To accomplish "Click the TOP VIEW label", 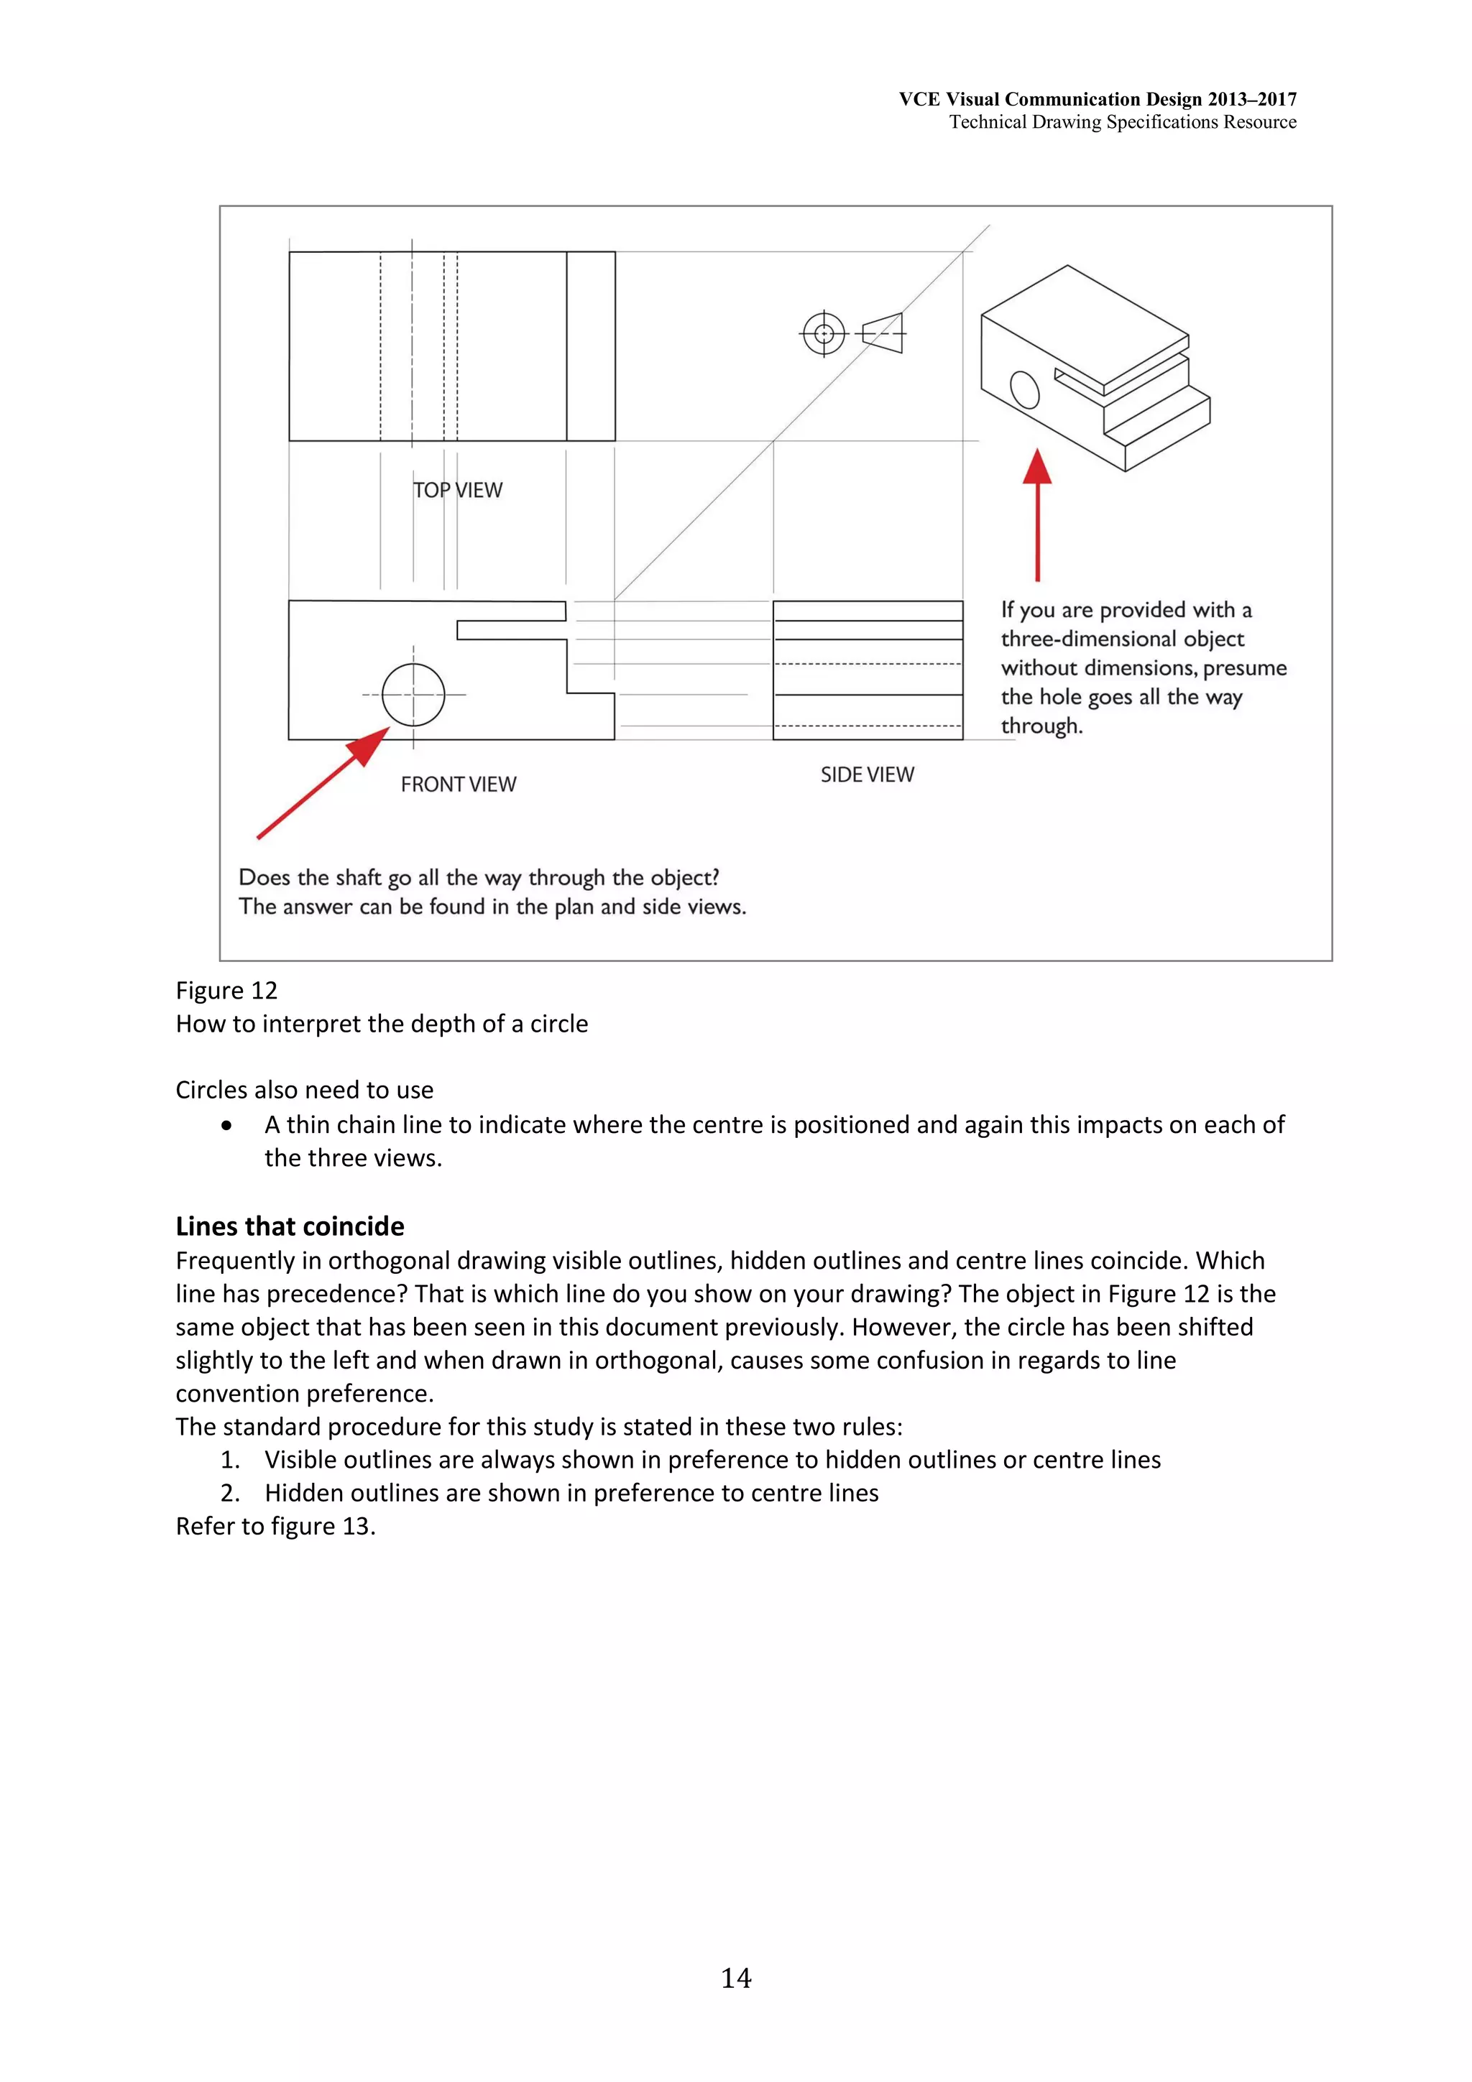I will tap(457, 490).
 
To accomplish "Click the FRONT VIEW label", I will tap(458, 785).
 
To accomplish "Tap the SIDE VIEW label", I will tap(867, 774).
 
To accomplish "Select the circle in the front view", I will tap(413, 695).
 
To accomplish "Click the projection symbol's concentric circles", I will tap(824, 333).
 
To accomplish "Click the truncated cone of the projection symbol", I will tap(883, 333).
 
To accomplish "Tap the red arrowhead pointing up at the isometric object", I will tap(1038, 466).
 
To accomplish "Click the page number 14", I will tap(735, 1978).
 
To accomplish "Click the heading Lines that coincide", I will tap(290, 1226).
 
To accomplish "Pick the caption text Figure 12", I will tap(226, 990).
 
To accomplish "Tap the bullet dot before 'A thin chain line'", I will tap(226, 1125).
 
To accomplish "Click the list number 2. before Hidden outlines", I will tap(231, 1493).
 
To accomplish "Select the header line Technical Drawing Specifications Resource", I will tap(1122, 122).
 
